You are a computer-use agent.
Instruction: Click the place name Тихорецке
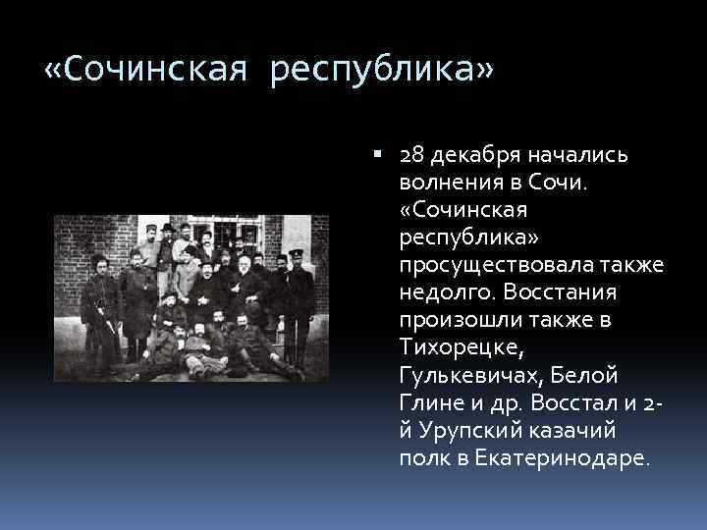(456, 348)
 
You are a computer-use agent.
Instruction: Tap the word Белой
(574, 376)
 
